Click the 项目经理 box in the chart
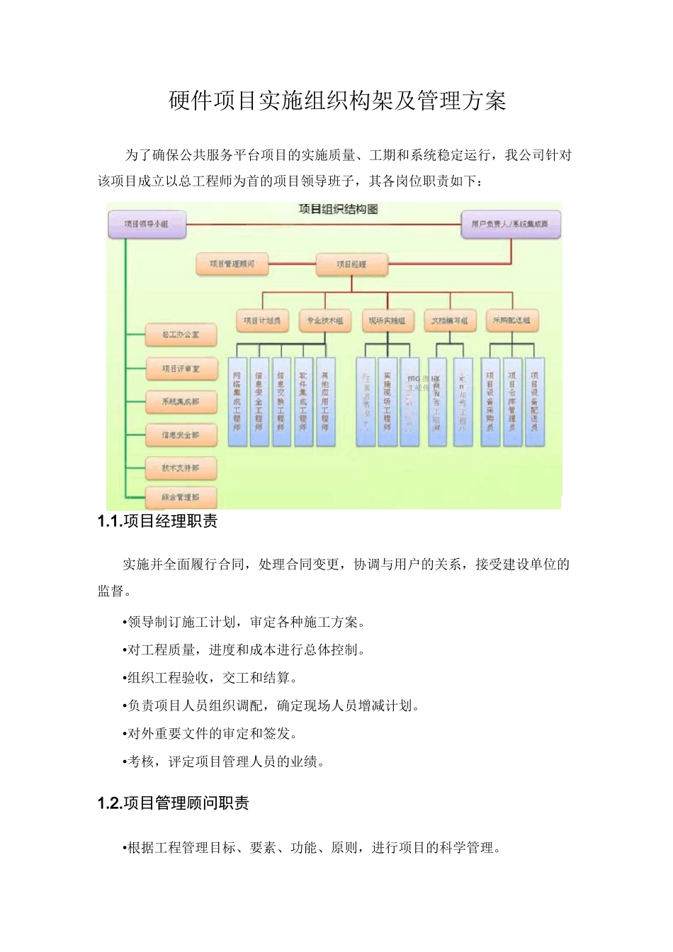tap(352, 264)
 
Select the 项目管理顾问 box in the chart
tap(232, 264)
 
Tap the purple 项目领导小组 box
tap(146, 224)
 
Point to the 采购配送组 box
tap(511, 321)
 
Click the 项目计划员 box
tap(261, 321)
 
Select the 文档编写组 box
tap(449, 321)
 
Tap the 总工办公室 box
tap(181, 334)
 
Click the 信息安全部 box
tap(181, 435)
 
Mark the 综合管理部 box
tap(181, 497)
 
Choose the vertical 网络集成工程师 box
tap(237, 402)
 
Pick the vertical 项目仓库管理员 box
tap(512, 402)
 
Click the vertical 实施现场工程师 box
tap(387, 402)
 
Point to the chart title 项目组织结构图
tap(337, 210)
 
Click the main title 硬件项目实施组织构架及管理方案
tap(337, 101)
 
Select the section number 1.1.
tap(109, 522)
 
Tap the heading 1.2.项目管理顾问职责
tap(173, 803)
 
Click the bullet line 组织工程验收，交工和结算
tap(210, 678)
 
